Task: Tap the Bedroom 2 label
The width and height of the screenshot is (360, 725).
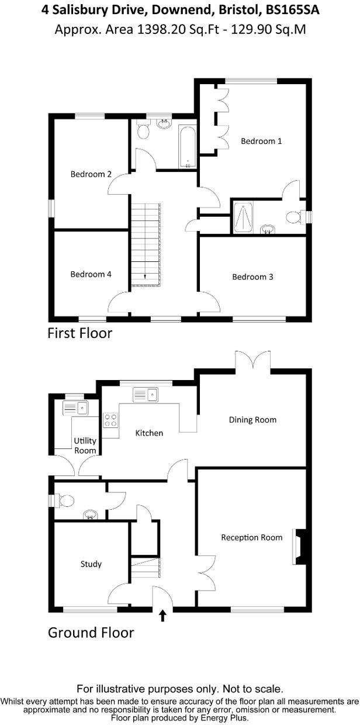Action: coord(91,174)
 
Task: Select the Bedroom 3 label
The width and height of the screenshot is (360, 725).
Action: coord(252,277)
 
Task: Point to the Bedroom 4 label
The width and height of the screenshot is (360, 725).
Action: coord(91,274)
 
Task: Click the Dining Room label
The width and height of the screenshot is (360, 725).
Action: coord(252,420)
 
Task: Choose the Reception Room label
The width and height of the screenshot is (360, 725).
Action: coord(251,537)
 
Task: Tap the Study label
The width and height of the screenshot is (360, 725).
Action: coord(91,564)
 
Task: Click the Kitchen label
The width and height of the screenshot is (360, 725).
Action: coord(149,433)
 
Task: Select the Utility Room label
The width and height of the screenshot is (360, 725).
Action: coord(85,446)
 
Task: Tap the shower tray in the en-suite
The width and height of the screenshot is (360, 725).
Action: coord(243,217)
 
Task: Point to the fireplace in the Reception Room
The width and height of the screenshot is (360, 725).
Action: coord(299,547)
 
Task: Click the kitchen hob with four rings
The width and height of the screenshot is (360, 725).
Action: coord(110,419)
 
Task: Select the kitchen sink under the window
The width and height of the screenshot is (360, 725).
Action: coord(146,395)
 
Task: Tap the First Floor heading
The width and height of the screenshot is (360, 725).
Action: coord(79,334)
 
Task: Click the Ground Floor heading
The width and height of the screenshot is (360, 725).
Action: coord(91,633)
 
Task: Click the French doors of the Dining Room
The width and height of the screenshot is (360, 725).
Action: coord(253,360)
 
